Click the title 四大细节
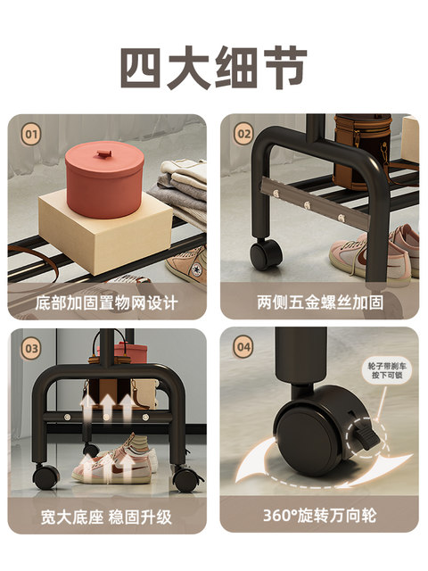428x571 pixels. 214,68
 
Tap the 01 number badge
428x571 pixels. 31,135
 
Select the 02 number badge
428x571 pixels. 243,134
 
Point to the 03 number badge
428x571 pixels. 31,349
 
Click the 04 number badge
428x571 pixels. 243,347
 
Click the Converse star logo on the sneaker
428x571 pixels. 196,270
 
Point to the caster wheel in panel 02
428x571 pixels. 266,253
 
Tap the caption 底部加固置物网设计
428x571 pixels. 107,303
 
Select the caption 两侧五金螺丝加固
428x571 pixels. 320,302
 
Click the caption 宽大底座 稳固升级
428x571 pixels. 106,517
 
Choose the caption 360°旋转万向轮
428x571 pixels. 319,516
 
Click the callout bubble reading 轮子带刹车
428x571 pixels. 387,370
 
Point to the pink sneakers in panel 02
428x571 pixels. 374,252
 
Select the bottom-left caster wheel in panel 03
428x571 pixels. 45,476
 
